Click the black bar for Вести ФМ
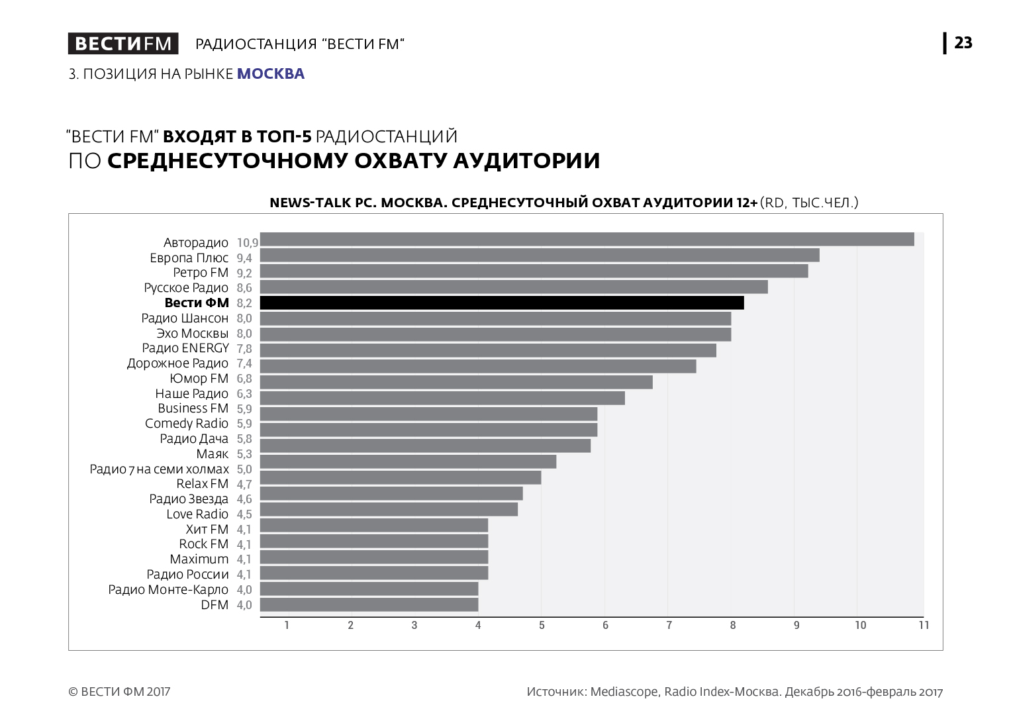(x=502, y=303)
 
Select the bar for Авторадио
(x=587, y=240)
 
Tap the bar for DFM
(x=369, y=604)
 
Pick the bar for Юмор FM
(x=456, y=382)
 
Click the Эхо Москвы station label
(x=193, y=334)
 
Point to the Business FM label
(x=193, y=408)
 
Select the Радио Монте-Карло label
(x=168, y=589)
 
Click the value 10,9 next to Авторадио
(x=247, y=243)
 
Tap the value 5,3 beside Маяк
(x=244, y=454)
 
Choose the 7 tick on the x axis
(x=669, y=625)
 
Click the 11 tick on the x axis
(x=924, y=625)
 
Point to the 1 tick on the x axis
(x=287, y=625)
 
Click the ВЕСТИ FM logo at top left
(x=123, y=44)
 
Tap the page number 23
(x=963, y=43)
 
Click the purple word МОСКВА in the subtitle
(x=271, y=74)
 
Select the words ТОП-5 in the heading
(x=284, y=137)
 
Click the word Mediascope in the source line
(x=624, y=692)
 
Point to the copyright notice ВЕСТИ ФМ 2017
(x=119, y=692)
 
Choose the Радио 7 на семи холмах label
(x=159, y=469)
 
